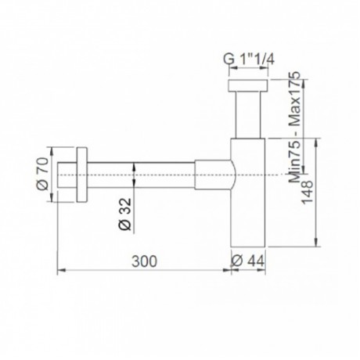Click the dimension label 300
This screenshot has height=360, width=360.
(x=144, y=261)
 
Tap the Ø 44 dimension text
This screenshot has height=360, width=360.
(x=248, y=261)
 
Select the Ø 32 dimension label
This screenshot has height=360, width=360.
(x=125, y=214)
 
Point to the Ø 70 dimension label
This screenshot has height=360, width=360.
(x=42, y=174)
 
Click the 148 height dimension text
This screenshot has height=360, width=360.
(x=307, y=192)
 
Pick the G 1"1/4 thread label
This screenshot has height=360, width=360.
(x=249, y=59)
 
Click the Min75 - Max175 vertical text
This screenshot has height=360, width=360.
(x=295, y=127)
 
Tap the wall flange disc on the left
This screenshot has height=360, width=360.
(x=82, y=175)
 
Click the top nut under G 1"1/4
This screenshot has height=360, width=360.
(x=248, y=85)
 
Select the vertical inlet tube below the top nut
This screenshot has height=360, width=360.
(x=248, y=114)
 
